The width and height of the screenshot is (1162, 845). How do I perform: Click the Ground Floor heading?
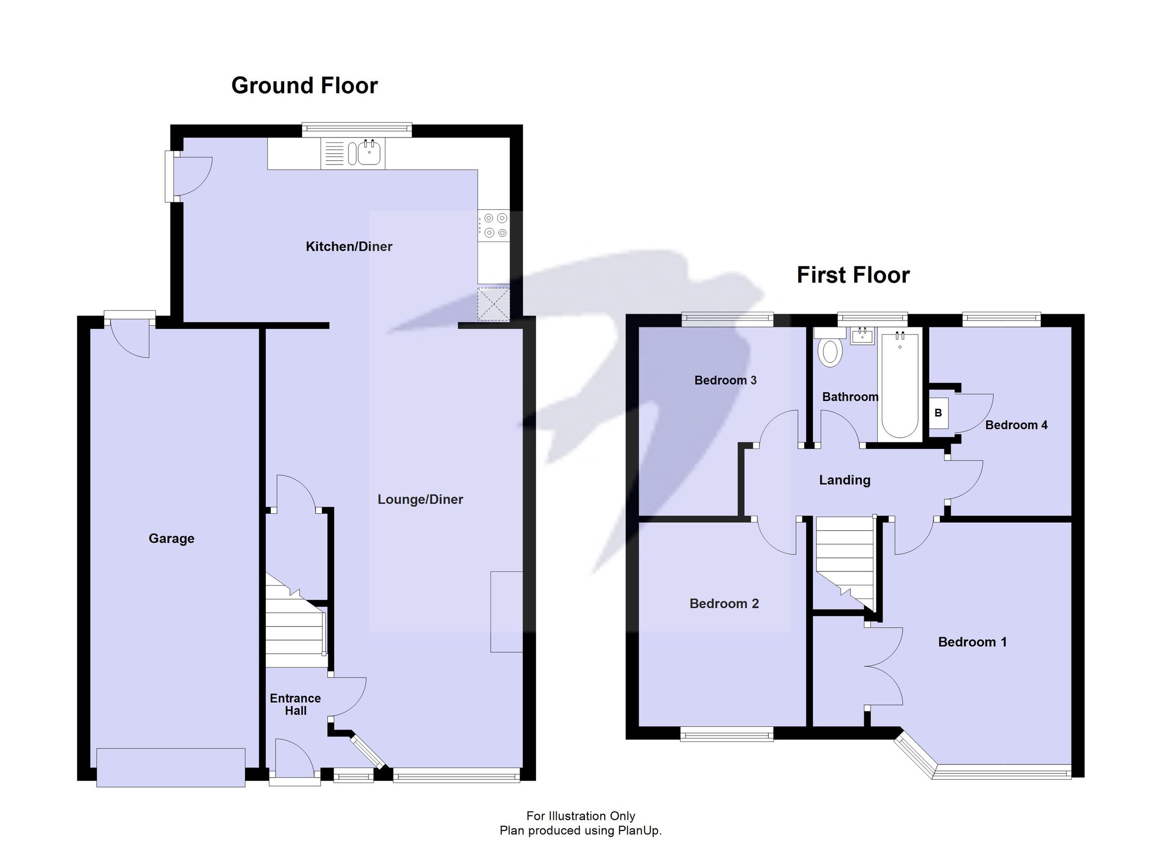point(305,86)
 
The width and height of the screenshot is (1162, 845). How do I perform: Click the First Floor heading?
point(853,275)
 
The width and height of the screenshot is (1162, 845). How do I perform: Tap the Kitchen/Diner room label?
point(349,246)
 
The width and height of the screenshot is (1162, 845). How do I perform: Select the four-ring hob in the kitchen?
point(494,226)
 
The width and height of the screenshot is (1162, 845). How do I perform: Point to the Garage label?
point(171,538)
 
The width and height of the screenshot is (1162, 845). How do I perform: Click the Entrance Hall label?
point(296,704)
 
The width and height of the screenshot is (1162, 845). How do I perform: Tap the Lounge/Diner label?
point(420,499)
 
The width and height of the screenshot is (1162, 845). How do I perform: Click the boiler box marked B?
point(938,413)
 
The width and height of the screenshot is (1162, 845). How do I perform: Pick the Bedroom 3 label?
point(725,380)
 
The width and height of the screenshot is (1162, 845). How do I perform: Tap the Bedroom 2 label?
point(724,604)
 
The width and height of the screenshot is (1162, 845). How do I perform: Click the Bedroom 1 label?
point(972,642)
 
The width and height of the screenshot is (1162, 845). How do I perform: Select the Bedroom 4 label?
point(1016,425)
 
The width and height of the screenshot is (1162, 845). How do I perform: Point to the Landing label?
point(844,480)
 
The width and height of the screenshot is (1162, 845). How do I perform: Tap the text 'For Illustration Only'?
point(581,816)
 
